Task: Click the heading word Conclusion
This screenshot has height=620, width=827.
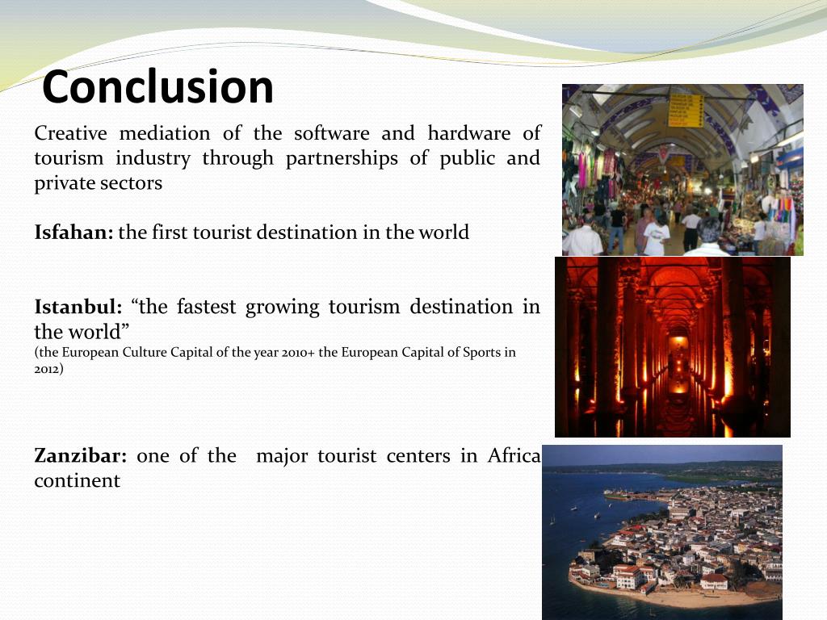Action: coord(157,87)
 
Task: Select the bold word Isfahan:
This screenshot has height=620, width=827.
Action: coord(73,232)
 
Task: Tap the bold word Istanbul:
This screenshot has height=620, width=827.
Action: coord(78,307)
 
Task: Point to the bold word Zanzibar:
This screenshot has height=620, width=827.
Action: coord(80,455)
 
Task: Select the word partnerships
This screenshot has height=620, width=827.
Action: coord(342,158)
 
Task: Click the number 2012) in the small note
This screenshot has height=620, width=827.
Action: coord(48,369)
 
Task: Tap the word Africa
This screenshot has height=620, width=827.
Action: coord(514,455)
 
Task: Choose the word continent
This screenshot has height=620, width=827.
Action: coord(77,481)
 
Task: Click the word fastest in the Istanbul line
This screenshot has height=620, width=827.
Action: coord(205,307)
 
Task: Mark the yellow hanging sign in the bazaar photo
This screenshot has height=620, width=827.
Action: coord(685,109)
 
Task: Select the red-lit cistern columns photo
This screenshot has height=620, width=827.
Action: coord(672,347)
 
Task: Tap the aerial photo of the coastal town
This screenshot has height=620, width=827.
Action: coord(662,533)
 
